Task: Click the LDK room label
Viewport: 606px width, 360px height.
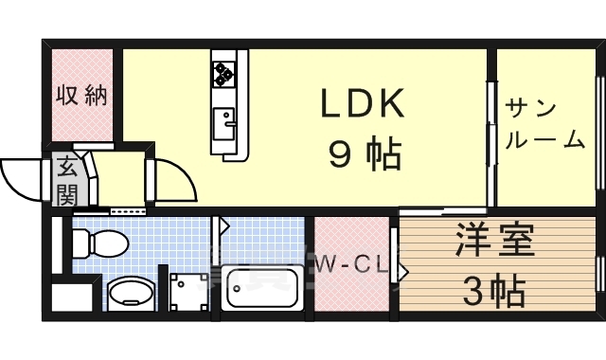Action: [364, 104]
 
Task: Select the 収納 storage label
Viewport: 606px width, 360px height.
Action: [80, 96]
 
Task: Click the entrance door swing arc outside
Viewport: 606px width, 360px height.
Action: [24, 178]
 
